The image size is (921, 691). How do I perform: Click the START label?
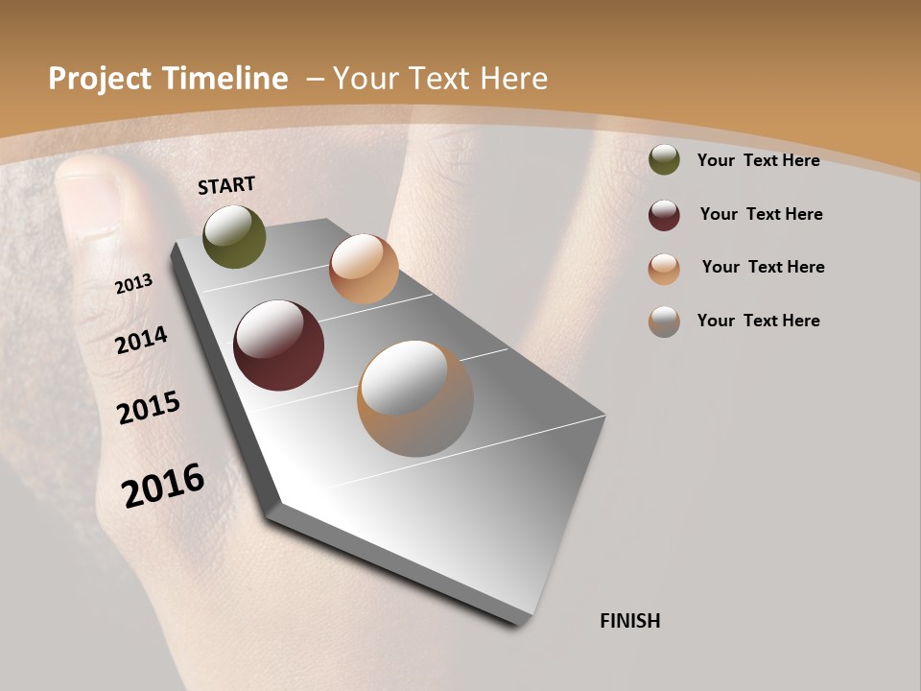[226, 185]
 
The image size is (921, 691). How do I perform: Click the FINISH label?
[629, 621]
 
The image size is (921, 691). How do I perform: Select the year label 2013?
[134, 284]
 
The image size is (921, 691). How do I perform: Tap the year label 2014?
[142, 341]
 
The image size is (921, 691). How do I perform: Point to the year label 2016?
[163, 486]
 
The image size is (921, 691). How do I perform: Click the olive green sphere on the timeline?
[234, 236]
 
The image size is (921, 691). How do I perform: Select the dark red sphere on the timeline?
[278, 345]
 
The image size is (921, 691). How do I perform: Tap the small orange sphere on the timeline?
[364, 269]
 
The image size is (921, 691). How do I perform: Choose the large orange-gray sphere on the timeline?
[414, 397]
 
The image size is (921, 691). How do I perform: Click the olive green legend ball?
[664, 160]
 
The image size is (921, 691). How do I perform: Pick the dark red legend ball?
[664, 215]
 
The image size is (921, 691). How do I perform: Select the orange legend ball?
[664, 269]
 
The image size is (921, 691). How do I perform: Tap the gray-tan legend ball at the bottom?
[664, 322]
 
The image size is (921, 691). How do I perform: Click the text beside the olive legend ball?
[758, 160]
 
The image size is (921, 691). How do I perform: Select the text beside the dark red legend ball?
[761, 214]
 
